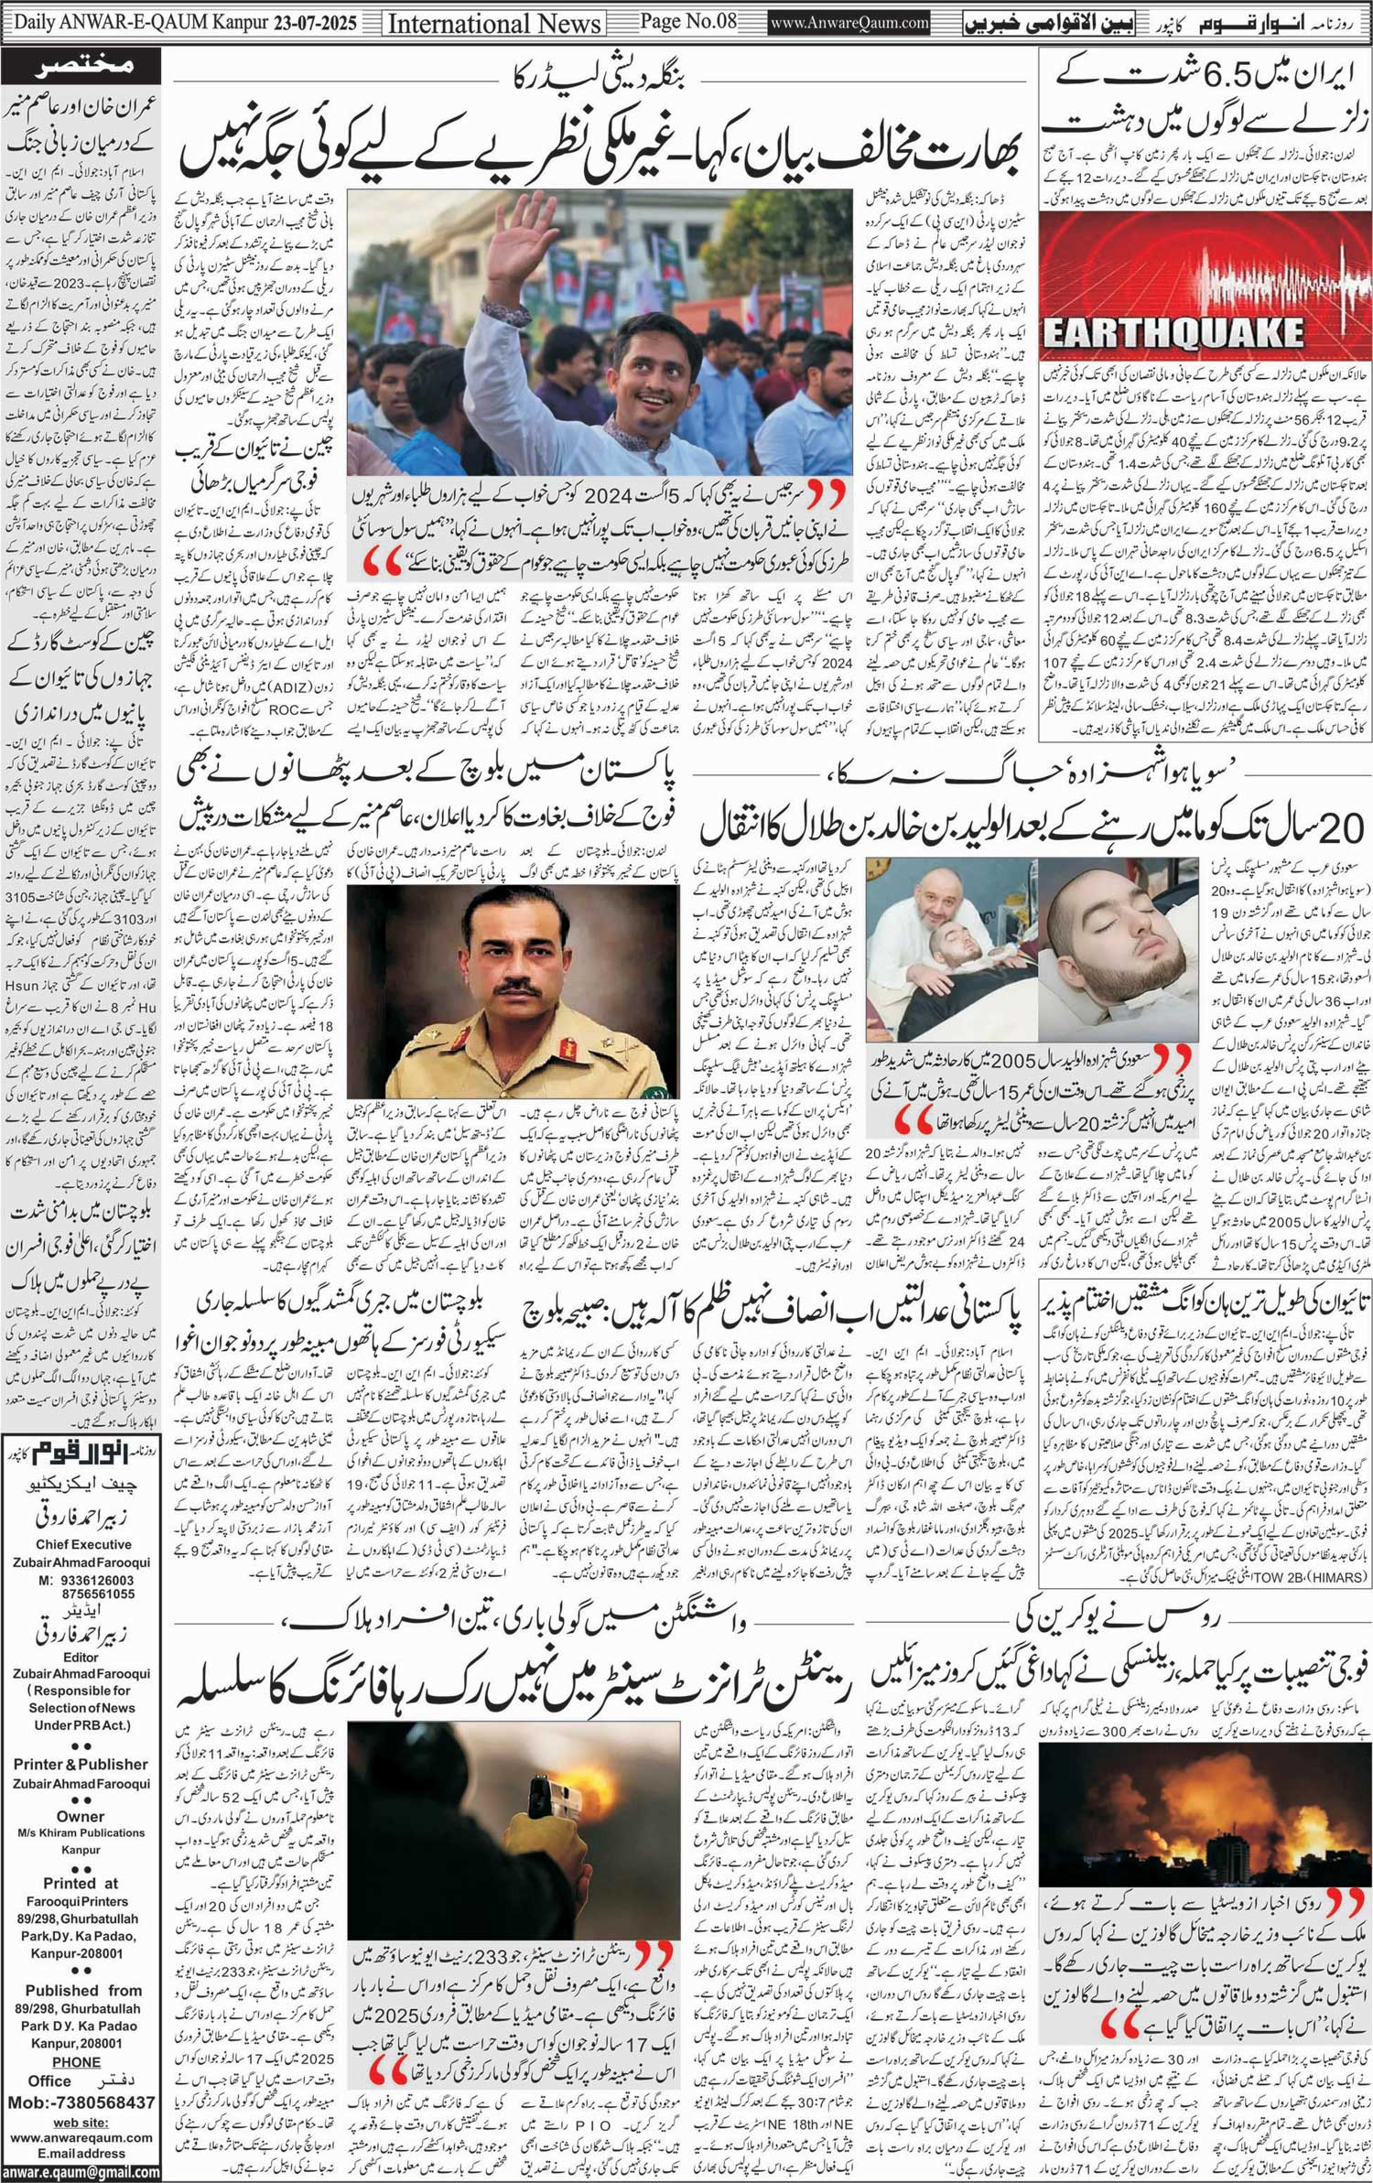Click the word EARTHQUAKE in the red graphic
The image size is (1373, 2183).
pos(1173,333)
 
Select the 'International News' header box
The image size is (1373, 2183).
pos(494,23)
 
